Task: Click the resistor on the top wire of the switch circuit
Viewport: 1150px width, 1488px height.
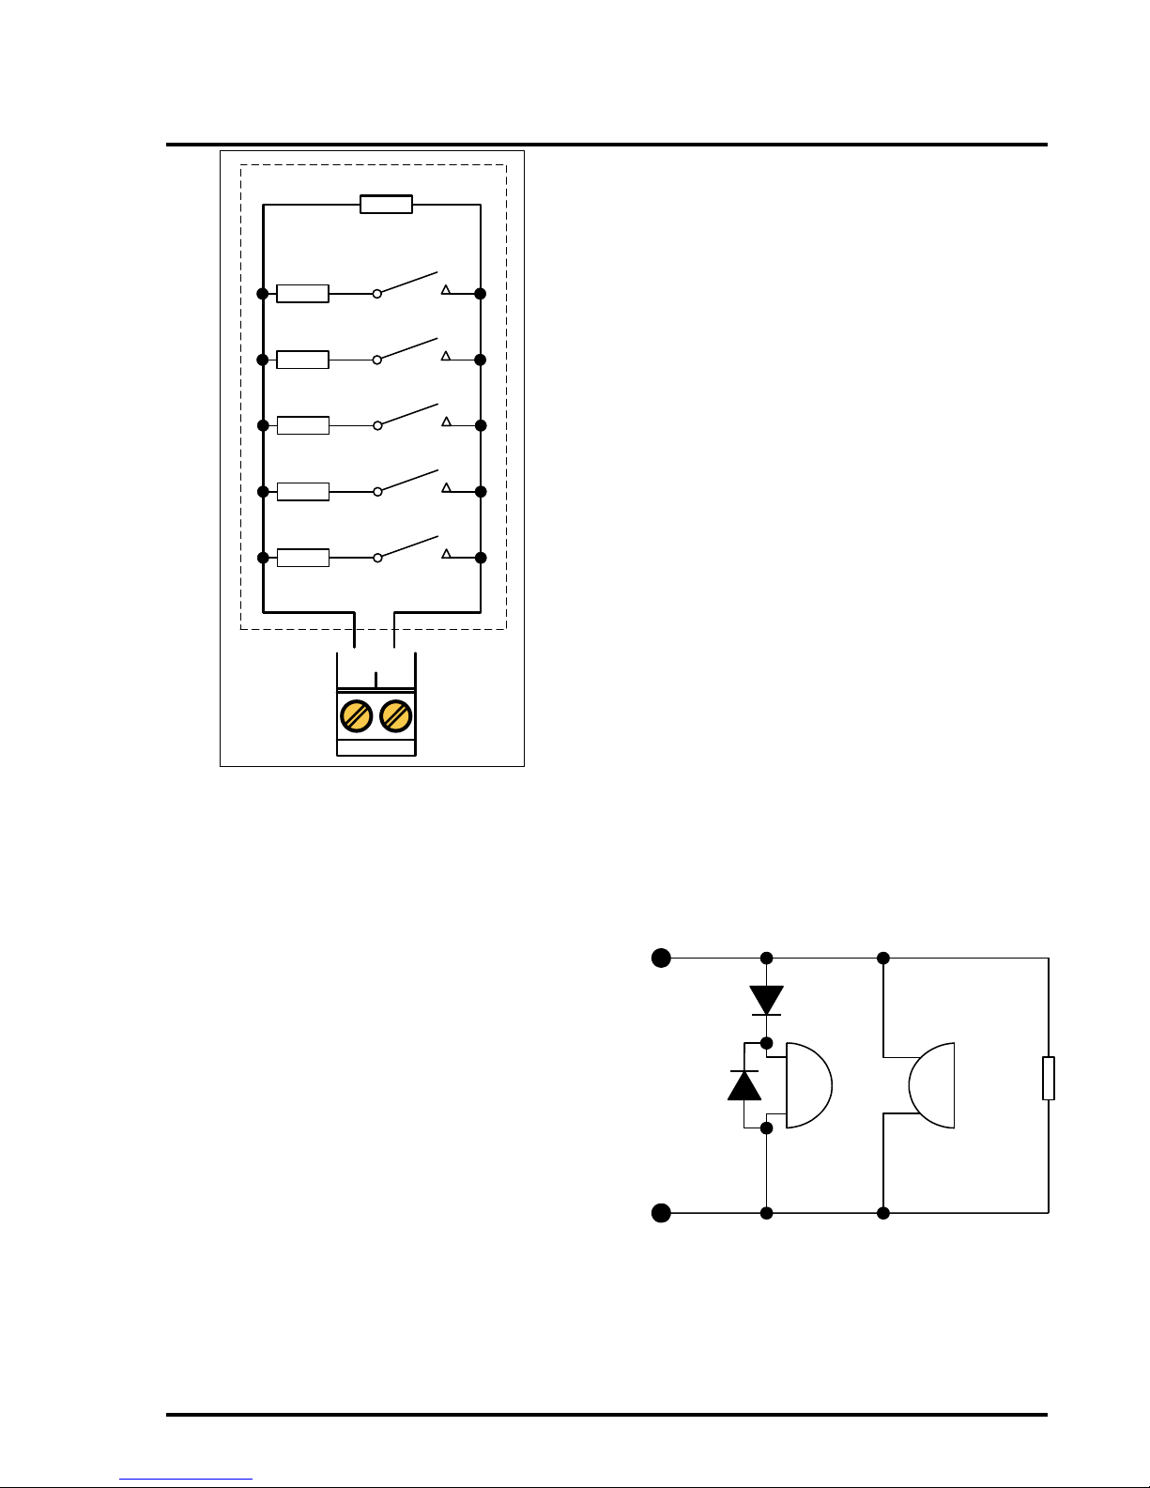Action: [x=386, y=205]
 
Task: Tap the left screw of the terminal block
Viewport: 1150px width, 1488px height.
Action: [x=356, y=716]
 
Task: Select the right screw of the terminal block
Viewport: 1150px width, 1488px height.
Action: [x=396, y=716]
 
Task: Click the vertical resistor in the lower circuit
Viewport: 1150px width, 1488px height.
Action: [x=1049, y=1078]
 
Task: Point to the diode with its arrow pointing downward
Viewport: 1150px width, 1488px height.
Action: [x=767, y=1000]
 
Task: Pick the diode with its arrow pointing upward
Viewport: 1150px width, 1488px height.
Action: [x=744, y=1085]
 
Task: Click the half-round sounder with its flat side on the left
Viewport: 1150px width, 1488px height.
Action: [x=808, y=1085]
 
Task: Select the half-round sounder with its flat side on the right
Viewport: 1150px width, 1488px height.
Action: [x=932, y=1085]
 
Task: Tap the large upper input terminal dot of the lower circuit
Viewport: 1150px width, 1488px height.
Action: [x=662, y=958]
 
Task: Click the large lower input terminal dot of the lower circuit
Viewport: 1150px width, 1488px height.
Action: [x=662, y=1213]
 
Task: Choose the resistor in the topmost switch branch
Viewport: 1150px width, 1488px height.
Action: [x=302, y=294]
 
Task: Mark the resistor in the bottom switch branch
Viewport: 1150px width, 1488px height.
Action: [x=302, y=558]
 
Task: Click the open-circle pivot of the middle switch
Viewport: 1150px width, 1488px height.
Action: [x=377, y=425]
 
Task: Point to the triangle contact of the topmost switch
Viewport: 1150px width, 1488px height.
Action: [x=446, y=290]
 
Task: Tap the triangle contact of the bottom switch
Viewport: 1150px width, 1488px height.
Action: [x=446, y=554]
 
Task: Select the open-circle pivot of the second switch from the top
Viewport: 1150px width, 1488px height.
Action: [x=377, y=360]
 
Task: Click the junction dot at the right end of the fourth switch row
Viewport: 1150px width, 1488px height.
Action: [x=481, y=492]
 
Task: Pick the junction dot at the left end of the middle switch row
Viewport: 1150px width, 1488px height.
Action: [x=263, y=425]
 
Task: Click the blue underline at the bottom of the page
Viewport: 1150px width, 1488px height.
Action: [x=186, y=1480]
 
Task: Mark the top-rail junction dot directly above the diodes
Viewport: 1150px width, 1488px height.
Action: [x=767, y=958]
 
